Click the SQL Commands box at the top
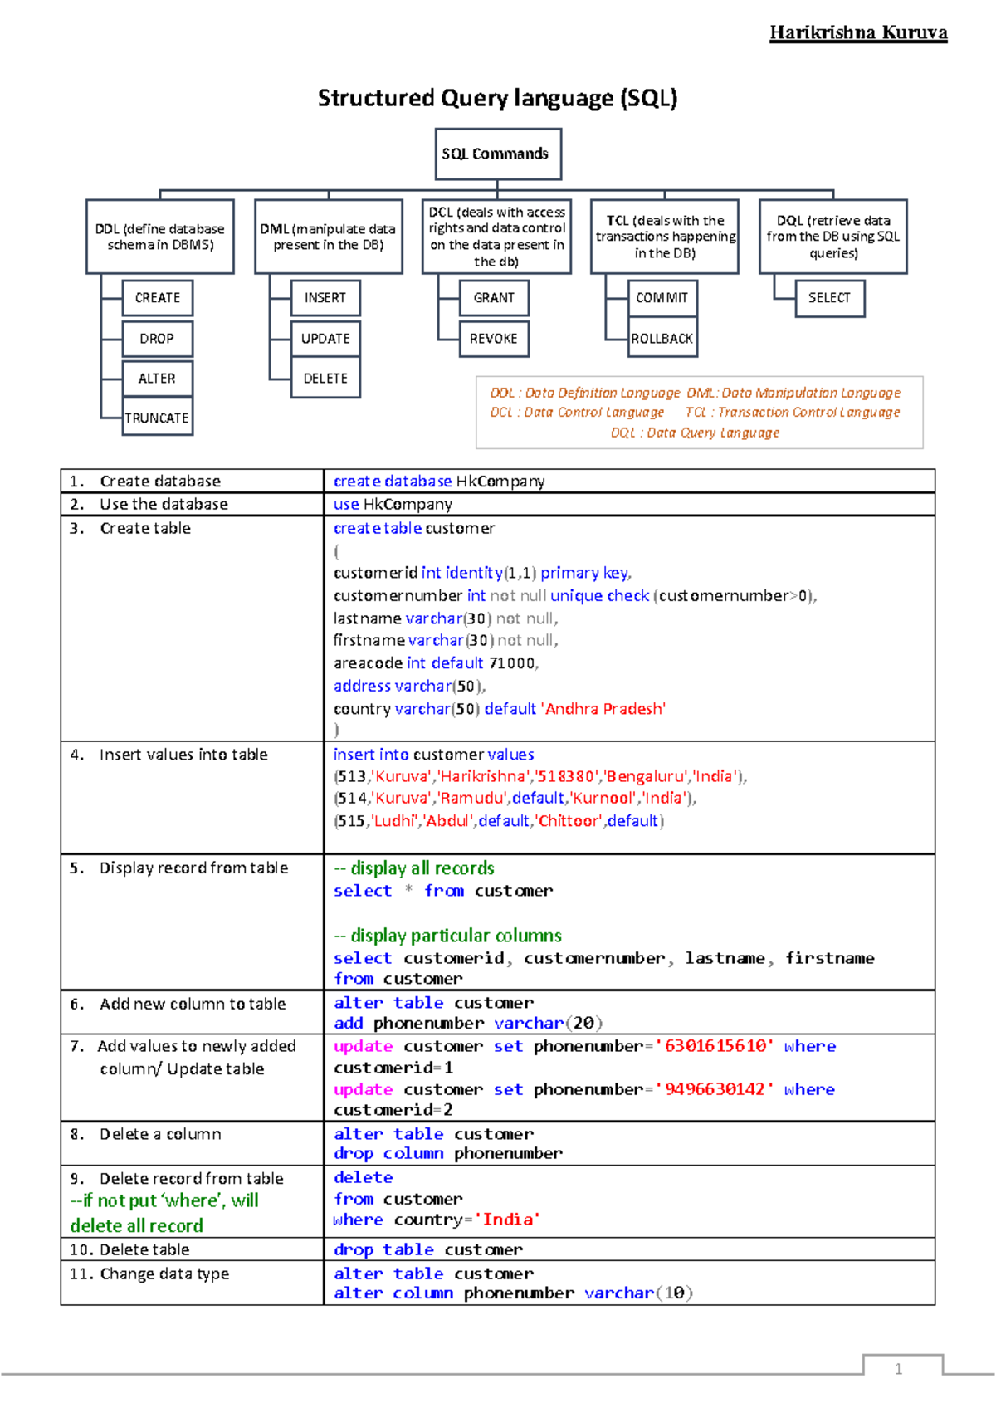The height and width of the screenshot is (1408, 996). coord(498,154)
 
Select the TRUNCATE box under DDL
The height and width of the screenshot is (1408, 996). coord(157,418)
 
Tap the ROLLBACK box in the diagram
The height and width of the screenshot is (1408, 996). coord(662,338)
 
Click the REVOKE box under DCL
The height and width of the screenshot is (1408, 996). coord(494,338)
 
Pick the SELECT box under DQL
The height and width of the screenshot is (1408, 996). coord(829,297)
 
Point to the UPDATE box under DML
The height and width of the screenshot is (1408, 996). coord(325,338)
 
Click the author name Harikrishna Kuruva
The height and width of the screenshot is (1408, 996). coord(858,32)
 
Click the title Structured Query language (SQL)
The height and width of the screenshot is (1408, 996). coord(497,98)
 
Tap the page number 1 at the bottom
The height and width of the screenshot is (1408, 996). coord(898,1369)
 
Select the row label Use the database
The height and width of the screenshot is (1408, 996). coord(164,504)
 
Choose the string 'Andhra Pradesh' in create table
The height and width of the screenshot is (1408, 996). coord(604,708)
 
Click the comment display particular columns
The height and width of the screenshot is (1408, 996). coord(448,936)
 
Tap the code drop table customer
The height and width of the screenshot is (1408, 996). coord(428,1249)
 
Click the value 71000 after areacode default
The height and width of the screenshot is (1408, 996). coord(512,662)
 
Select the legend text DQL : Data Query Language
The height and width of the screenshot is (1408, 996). coord(696,433)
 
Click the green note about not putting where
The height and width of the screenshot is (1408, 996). coord(164,1213)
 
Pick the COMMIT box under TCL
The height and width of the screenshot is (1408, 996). coord(662,297)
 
